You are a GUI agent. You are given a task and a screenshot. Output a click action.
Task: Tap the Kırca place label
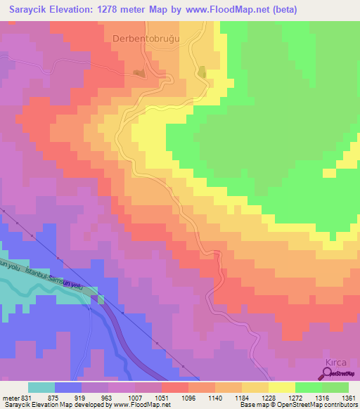tap(335, 362)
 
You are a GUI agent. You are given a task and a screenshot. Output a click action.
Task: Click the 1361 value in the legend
tap(349, 397)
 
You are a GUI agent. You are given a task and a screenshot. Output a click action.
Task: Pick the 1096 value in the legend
tap(189, 397)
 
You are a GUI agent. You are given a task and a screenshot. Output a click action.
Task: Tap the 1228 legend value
tap(269, 397)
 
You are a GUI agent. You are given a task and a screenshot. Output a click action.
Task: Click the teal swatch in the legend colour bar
tap(41, 387)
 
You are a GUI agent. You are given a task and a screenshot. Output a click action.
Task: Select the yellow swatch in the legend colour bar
tap(282, 387)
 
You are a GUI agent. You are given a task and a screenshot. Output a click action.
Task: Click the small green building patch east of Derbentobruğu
tap(202, 72)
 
